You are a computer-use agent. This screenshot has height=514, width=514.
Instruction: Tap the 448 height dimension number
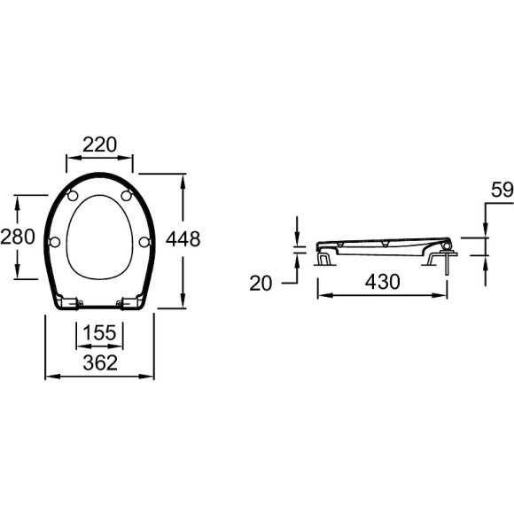183,238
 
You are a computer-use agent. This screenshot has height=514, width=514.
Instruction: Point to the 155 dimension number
100,333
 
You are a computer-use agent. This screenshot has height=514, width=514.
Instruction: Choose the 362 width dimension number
100,361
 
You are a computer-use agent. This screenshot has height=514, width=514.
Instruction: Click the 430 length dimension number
380,282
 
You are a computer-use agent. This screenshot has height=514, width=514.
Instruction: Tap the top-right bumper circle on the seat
128,195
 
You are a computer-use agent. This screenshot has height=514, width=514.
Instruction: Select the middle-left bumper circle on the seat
56,241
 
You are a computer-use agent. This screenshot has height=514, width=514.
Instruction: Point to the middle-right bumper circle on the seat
144,241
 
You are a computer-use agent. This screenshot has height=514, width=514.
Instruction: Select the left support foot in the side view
326,259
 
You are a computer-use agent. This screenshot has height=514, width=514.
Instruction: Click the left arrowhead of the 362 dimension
49,377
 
